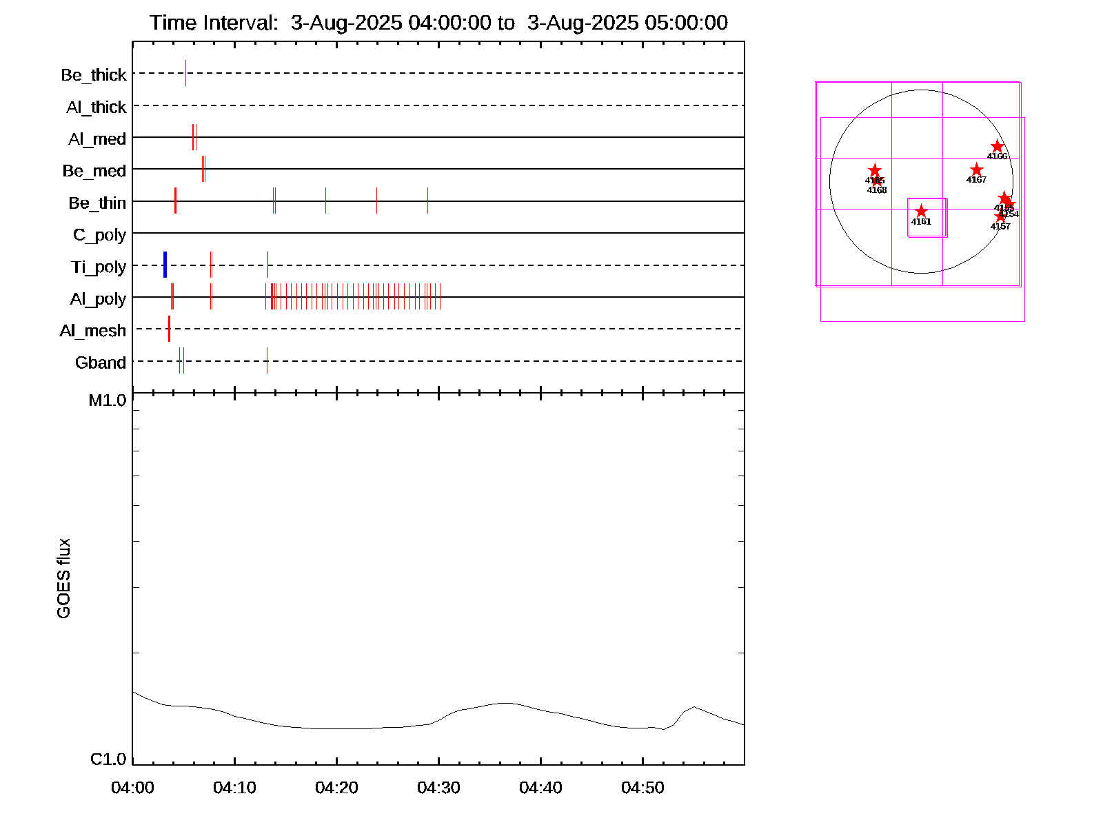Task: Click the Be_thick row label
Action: pos(94,75)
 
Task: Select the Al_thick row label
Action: pos(97,108)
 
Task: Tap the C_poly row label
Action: pos(99,235)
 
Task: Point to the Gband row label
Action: pos(101,363)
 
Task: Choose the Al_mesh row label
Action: pos(93,331)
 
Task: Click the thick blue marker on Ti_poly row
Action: pos(165,265)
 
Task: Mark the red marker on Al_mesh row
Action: pos(169,329)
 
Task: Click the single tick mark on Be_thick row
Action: pos(185,73)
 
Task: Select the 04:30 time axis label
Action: pos(438,788)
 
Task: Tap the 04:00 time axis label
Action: pos(132,788)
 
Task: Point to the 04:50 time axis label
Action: pos(642,788)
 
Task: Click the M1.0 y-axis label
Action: pos(108,400)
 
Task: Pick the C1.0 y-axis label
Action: pos(108,759)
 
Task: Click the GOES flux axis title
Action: pos(63,579)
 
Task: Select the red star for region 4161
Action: pos(921,212)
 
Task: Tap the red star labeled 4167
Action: pos(976,170)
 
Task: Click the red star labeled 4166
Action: pos(997,147)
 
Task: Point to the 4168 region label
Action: pos(877,190)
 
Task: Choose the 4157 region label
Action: pos(1000,227)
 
